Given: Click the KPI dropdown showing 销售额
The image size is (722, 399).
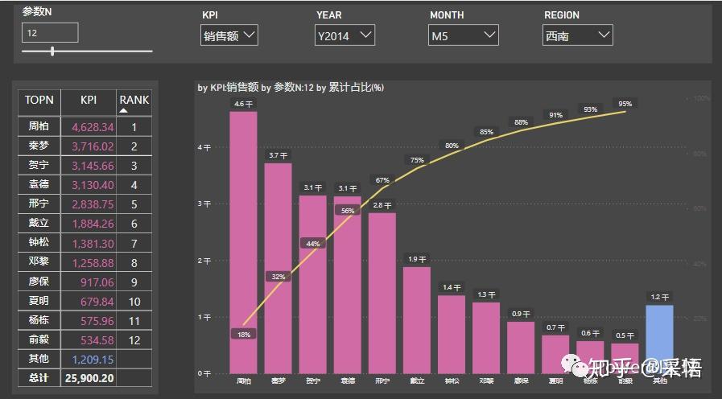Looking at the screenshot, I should pos(229,35).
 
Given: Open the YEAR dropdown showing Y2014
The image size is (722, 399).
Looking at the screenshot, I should pos(344,35).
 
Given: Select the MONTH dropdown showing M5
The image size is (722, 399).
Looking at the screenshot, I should pos(464,35).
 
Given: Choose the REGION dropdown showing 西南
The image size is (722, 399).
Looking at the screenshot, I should pos(577,35).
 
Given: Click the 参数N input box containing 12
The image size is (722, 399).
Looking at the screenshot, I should pos(50,33).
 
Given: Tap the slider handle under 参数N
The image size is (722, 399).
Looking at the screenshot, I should pos(52,51).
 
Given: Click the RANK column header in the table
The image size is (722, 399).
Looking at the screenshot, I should pos(134,101).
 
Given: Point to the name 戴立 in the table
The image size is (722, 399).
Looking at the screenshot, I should pos(39,224).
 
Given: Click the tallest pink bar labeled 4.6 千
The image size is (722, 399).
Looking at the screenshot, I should pos(243,241).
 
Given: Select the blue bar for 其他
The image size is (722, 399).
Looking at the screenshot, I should pos(660,338).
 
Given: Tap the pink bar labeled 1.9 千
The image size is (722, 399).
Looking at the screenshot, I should pos(417,319).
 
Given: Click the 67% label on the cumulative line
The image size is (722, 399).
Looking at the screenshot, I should pos(382,180).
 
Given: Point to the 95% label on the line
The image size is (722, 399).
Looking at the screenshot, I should pos(625,104).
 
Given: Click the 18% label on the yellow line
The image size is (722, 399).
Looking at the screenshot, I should pos(244,334).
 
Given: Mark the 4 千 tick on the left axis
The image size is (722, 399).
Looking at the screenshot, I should pos(204,147).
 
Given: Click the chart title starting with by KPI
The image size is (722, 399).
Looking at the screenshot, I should pos(290,88).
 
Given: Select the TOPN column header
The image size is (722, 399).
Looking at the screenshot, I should pos(39,101).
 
